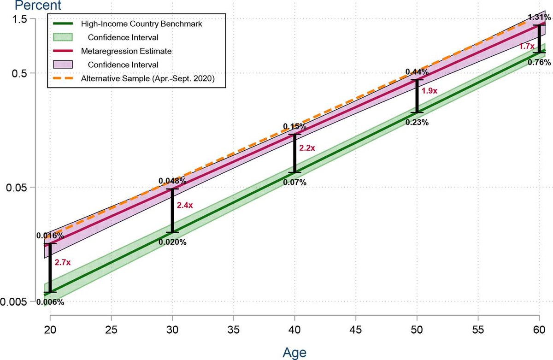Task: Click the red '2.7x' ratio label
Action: click(x=62, y=263)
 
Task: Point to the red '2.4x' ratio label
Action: click(x=184, y=206)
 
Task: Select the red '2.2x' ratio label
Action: click(x=307, y=148)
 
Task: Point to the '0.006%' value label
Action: click(x=50, y=302)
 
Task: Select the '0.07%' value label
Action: click(x=295, y=182)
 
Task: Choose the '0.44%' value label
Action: click(x=417, y=72)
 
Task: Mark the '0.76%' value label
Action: click(x=539, y=63)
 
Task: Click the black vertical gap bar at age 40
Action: click(x=295, y=153)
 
